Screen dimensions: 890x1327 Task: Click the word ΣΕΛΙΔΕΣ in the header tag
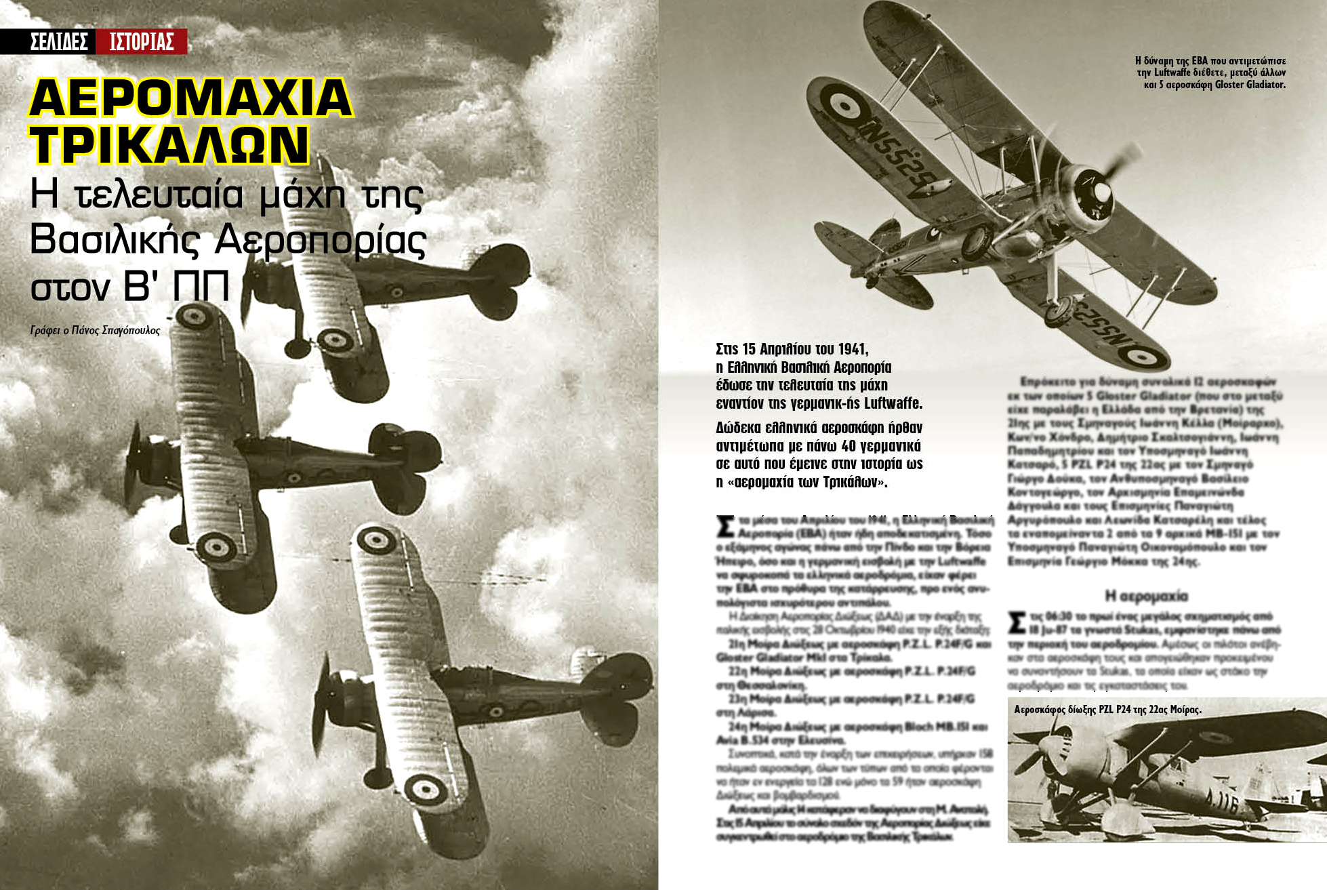[59, 42]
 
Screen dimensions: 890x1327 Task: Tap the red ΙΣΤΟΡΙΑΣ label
[142, 42]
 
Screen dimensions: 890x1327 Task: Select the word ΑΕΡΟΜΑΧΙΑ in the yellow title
[190, 99]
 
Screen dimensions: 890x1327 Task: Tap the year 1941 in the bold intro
[853, 349]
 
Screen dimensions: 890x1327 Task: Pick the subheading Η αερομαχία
[1146, 596]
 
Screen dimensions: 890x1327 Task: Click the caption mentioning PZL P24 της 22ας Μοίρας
[1107, 710]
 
